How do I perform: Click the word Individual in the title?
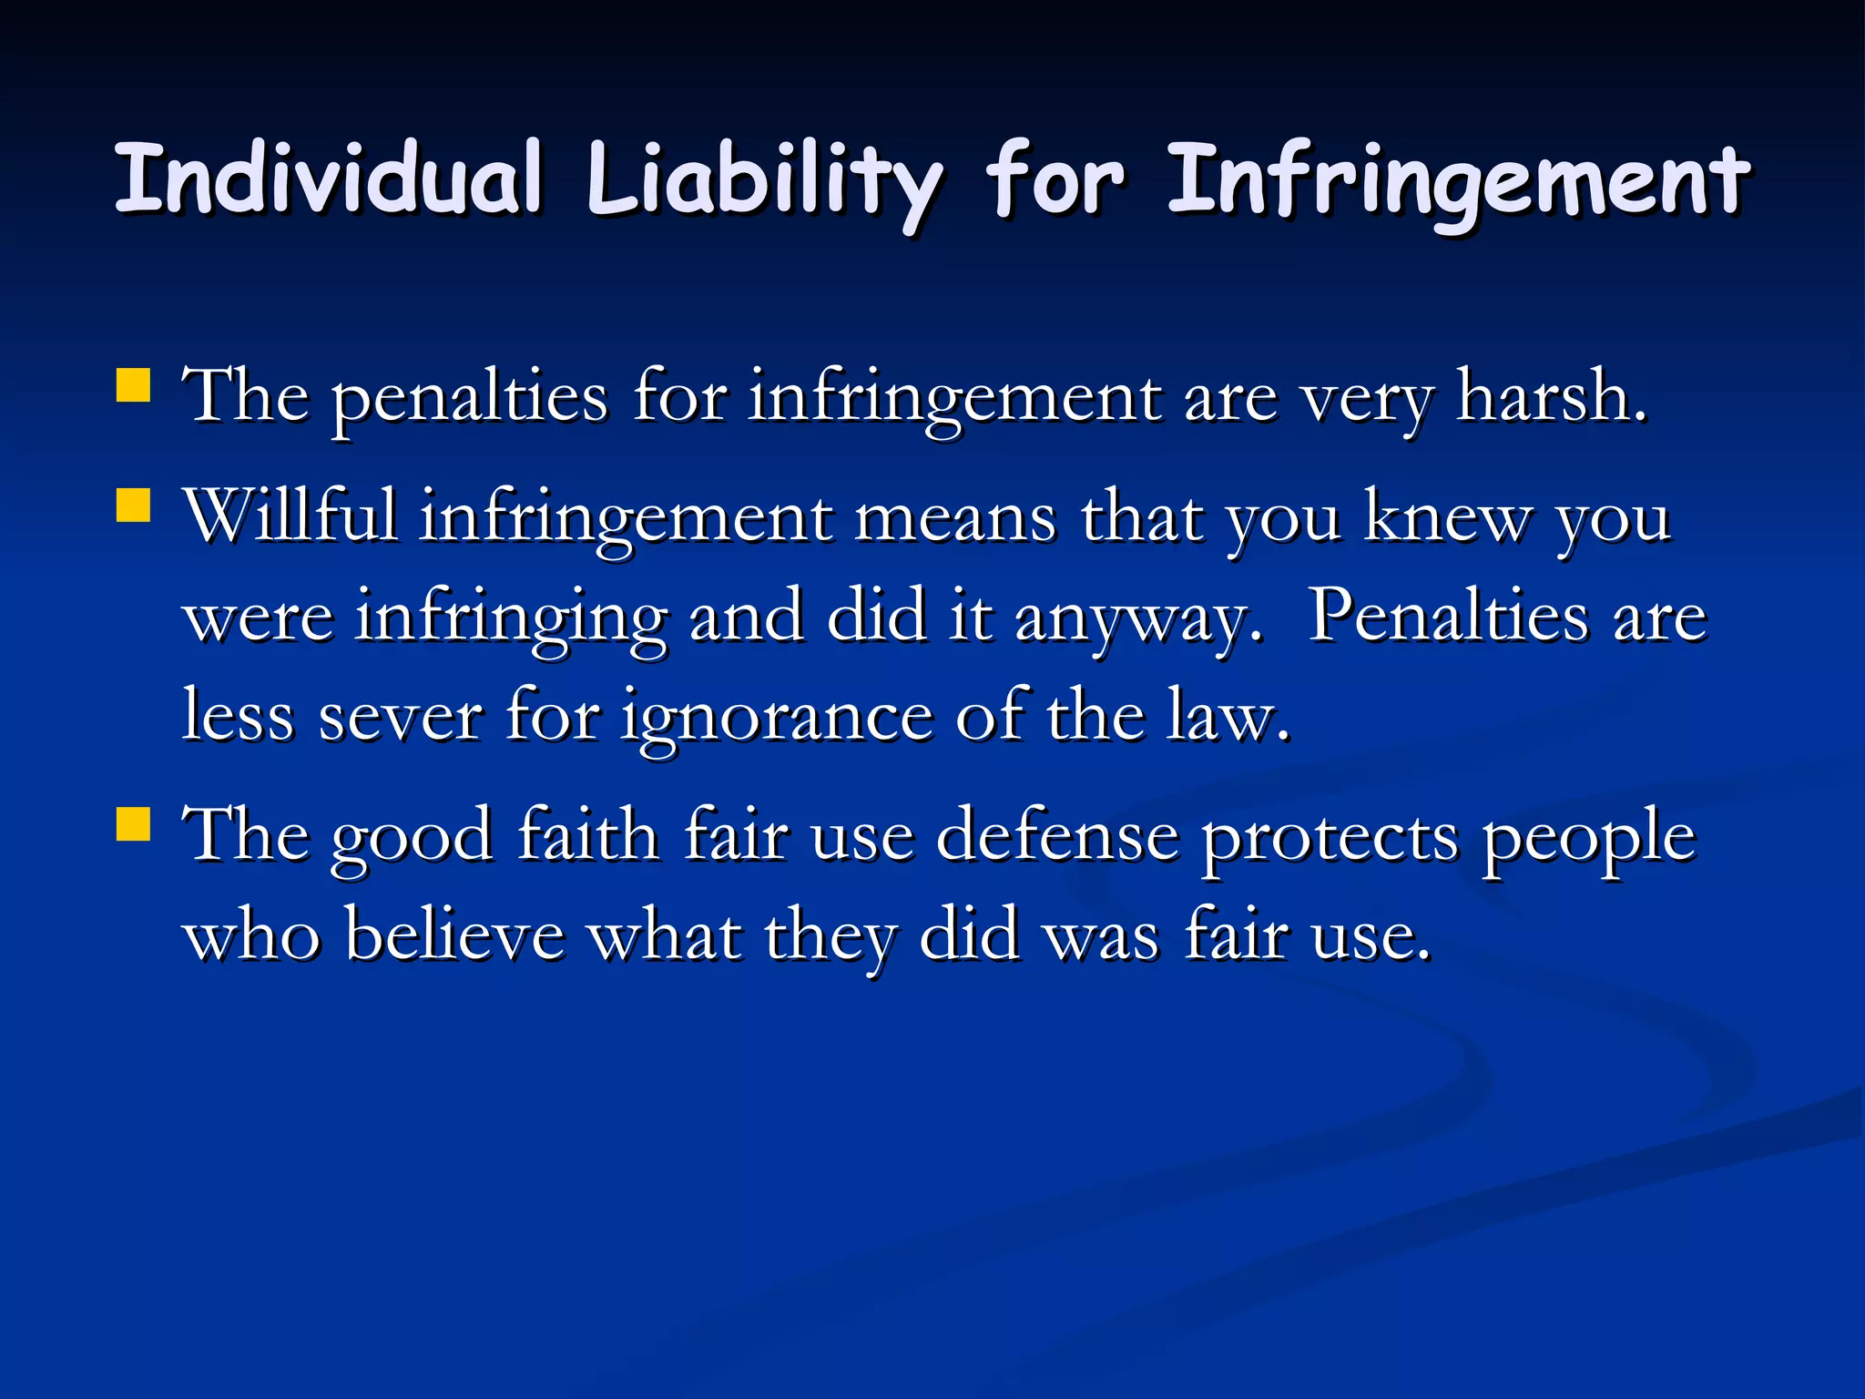(329, 179)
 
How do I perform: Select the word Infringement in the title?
(1458, 182)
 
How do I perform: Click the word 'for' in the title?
(1055, 179)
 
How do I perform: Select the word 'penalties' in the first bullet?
(469, 401)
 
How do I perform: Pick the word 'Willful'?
(290, 516)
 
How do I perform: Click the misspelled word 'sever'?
(400, 718)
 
